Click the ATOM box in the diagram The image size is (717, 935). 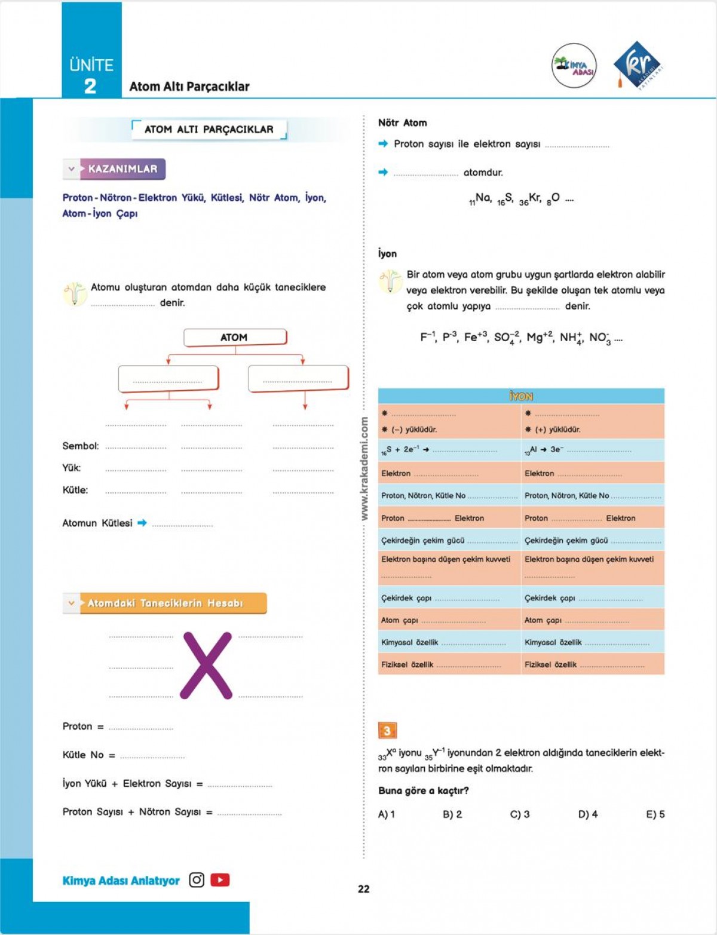click(x=234, y=338)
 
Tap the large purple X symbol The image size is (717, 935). click(x=207, y=666)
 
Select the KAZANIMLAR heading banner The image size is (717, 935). click(x=122, y=169)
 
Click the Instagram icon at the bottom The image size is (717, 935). click(x=197, y=880)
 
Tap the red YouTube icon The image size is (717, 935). click(x=220, y=880)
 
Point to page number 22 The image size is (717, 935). click(x=363, y=889)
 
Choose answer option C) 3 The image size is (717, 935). click(x=519, y=814)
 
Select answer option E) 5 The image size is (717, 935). click(x=655, y=814)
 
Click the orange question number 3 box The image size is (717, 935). click(x=387, y=730)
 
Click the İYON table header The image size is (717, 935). click(x=521, y=396)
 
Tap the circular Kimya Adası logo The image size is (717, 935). click(x=574, y=66)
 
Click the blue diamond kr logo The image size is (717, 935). click(x=638, y=65)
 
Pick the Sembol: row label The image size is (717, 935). click(x=81, y=446)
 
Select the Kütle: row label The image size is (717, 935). click(x=75, y=490)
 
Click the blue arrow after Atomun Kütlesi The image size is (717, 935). click(x=142, y=523)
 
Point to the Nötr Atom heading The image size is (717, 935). click(x=402, y=122)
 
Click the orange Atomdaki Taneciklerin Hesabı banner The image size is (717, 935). click(x=172, y=603)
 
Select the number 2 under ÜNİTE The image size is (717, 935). click(x=90, y=87)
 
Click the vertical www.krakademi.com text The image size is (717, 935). click(x=364, y=469)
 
